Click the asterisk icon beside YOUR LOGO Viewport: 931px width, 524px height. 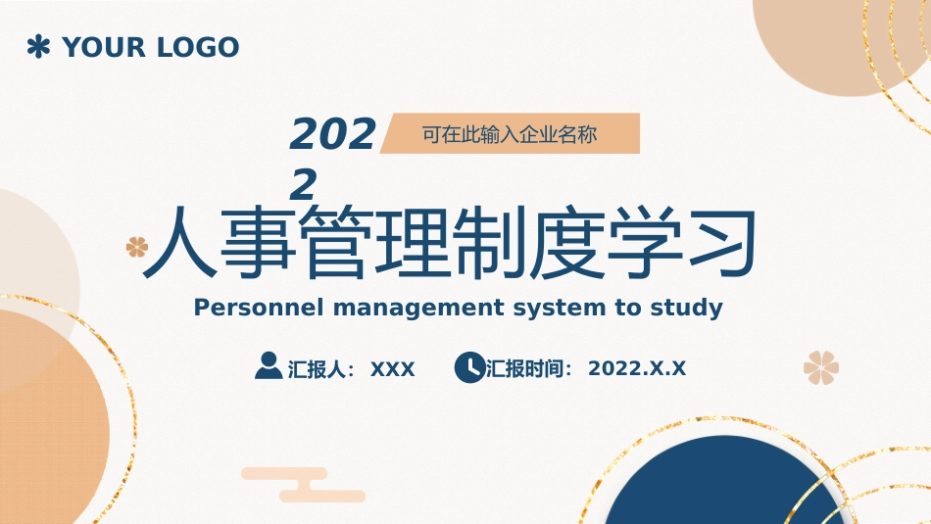pyautogui.click(x=38, y=46)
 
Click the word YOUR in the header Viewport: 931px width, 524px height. pyautogui.click(x=104, y=47)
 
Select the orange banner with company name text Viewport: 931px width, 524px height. pyautogui.click(x=510, y=133)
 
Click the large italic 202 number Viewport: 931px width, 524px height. pyautogui.click(x=332, y=133)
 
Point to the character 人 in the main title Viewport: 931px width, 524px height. pyautogui.click(x=180, y=242)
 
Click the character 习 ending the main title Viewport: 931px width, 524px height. pyautogui.click(x=721, y=242)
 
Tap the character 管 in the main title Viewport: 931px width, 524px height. pyautogui.click(x=334, y=242)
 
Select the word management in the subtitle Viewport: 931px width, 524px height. pyautogui.click(x=418, y=309)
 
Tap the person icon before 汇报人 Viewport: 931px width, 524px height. pyautogui.click(x=269, y=365)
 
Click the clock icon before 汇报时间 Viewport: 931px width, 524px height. pyautogui.click(x=469, y=367)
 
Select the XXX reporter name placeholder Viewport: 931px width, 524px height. pyautogui.click(x=392, y=369)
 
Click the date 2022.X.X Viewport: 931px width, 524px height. pyautogui.click(x=637, y=368)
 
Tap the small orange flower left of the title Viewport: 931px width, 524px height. pyautogui.click(x=137, y=247)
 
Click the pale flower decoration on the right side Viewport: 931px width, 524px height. pyautogui.click(x=821, y=367)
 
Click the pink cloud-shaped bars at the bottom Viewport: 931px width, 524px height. pyautogui.click(x=304, y=485)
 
